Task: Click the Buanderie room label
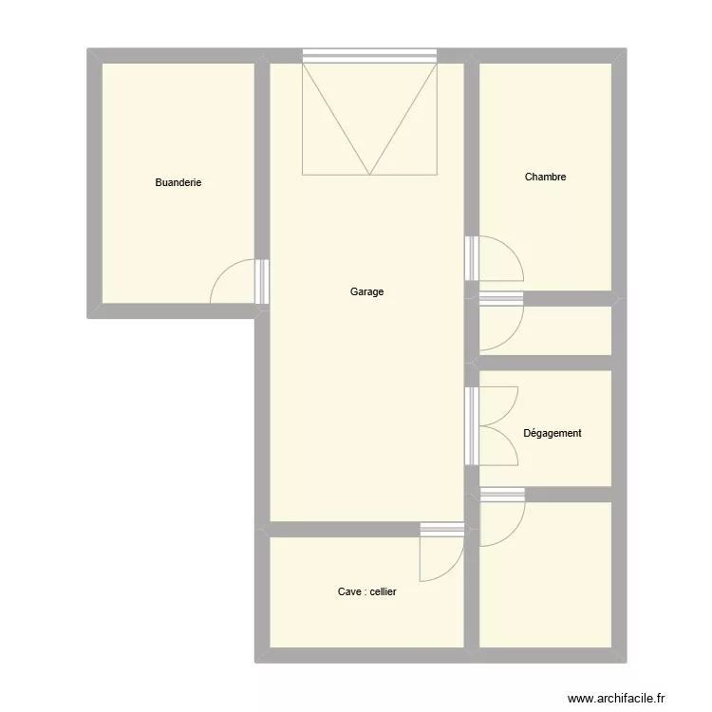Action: pos(178,182)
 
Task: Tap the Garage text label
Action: pos(366,291)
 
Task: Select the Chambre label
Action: pos(545,177)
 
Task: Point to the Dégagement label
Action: pos(553,433)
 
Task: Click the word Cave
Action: pos(349,591)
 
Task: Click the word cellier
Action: pos(384,591)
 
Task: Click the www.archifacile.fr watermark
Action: pos(616,698)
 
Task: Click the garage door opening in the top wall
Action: pos(369,55)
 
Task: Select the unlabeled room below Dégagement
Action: pos(545,574)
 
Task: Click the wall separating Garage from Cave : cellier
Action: pos(346,530)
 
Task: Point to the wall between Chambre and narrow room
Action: pos(568,299)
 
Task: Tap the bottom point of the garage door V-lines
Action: pos(370,175)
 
